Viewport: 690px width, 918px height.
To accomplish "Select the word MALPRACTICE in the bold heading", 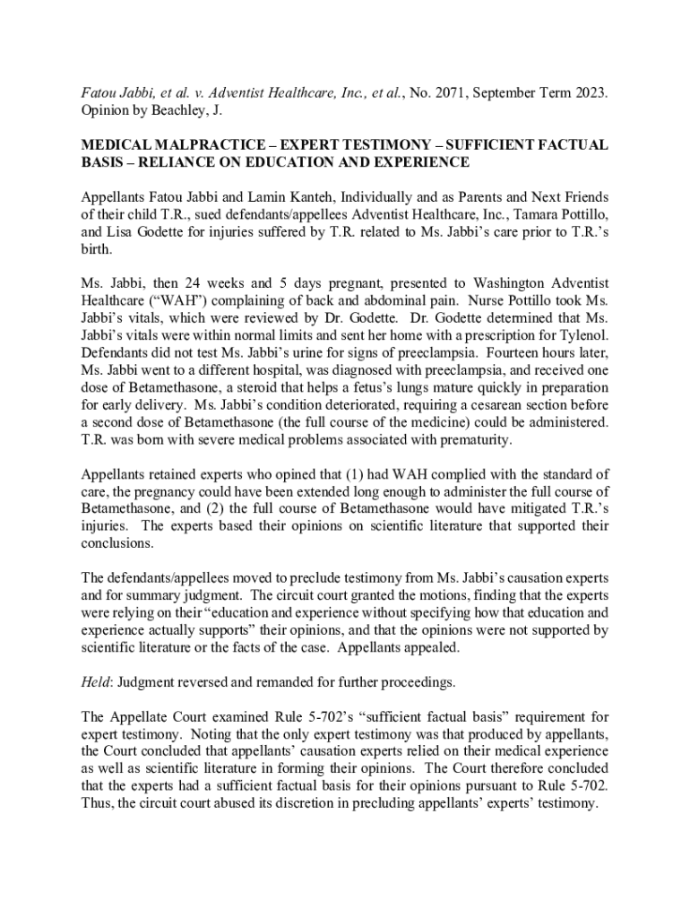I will (x=192, y=145).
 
